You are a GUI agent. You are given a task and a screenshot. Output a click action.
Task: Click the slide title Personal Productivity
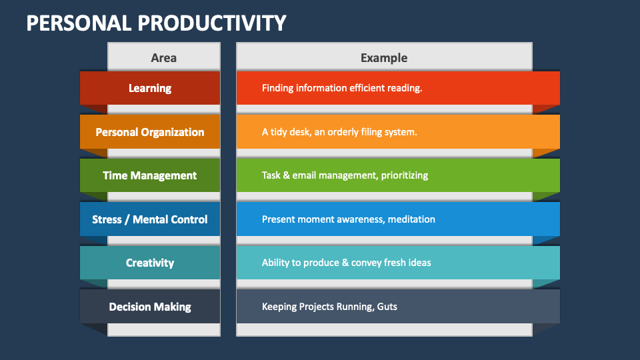156,23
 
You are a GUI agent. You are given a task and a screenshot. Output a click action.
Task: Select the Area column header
163,58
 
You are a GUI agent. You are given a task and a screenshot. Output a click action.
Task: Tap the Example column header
384,58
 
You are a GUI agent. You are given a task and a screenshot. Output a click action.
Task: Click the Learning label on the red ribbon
150,88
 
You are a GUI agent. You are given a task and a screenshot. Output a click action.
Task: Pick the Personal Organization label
150,132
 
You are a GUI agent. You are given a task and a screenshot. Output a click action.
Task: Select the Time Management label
150,175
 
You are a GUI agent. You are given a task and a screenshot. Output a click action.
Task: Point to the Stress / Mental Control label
150,219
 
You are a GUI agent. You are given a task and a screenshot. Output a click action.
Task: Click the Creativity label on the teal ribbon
150,263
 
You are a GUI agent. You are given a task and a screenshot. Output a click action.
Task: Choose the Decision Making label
150,307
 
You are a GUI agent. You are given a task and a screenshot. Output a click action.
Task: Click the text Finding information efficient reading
342,88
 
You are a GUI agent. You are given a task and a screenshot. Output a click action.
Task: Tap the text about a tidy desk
339,132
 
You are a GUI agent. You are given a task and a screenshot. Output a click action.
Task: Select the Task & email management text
345,175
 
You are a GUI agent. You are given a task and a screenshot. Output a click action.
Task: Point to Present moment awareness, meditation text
348,219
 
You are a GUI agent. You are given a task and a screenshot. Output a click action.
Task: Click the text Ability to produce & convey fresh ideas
346,263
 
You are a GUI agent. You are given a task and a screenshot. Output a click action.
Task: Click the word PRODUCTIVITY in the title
212,23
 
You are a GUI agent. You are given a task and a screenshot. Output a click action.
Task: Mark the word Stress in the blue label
107,219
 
